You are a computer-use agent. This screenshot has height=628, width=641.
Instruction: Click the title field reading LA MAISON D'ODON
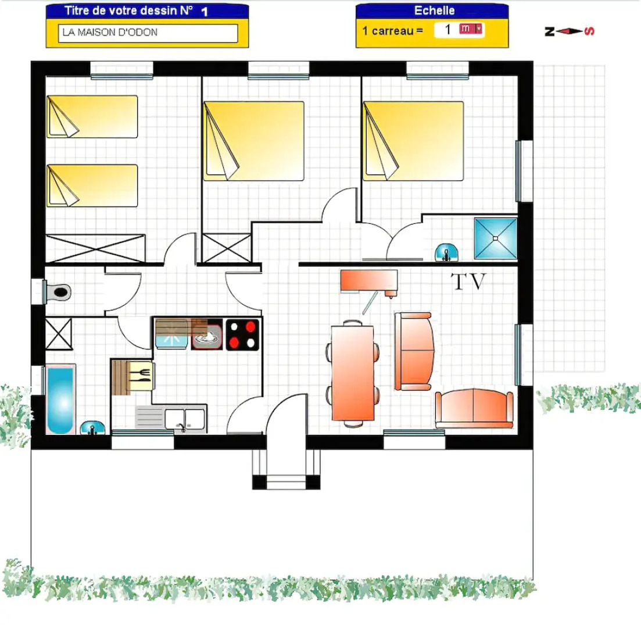point(148,33)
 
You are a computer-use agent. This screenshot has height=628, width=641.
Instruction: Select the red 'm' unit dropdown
point(471,30)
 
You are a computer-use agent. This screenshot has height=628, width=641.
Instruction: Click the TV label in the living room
point(468,282)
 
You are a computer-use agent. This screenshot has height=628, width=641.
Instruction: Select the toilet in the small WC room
point(58,291)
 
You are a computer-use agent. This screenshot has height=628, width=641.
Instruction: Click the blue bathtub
point(60,399)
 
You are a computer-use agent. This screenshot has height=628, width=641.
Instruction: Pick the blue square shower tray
point(495,238)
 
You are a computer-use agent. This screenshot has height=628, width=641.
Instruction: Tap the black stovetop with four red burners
point(242,334)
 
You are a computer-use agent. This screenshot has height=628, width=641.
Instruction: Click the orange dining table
point(352,373)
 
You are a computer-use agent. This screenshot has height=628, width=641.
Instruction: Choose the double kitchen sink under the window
point(185,419)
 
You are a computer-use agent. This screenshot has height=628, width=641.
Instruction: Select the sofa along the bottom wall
point(474,408)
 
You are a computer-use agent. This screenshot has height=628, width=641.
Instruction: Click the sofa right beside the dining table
point(414,351)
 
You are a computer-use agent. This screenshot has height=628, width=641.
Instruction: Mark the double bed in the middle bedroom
point(254,141)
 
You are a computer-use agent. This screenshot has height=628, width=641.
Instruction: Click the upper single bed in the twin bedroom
point(92,117)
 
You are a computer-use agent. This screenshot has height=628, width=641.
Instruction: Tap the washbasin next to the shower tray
point(446,252)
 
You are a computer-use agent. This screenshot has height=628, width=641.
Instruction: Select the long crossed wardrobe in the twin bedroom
point(95,248)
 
